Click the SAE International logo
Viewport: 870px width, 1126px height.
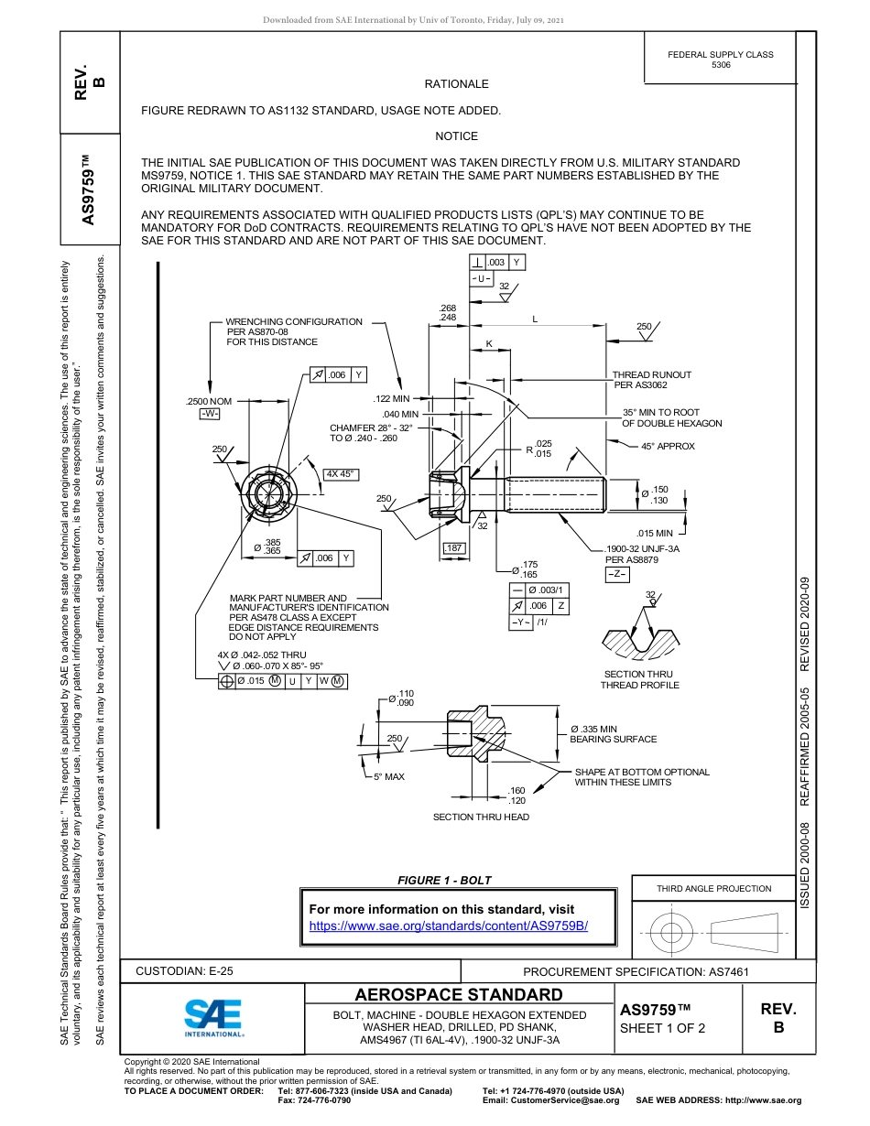pos(212,1016)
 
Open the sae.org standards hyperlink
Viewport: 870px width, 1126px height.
pos(448,926)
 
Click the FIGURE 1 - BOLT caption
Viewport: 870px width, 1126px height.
pos(444,881)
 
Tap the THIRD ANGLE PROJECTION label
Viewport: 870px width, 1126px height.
pos(713,888)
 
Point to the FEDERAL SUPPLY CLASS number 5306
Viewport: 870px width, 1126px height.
pos(721,65)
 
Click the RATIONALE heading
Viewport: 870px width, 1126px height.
pos(456,84)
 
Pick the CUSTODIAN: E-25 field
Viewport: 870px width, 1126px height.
pos(184,971)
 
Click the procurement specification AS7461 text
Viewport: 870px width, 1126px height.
pos(641,971)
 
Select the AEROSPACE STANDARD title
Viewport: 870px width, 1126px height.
pos(459,995)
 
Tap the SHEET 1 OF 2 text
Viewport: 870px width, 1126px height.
pos(663,1028)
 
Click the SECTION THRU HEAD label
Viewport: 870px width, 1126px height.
pos(481,817)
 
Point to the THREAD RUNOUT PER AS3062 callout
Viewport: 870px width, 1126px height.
pos(651,380)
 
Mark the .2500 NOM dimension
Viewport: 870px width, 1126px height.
pos(209,402)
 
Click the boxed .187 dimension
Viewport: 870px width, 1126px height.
pos(454,548)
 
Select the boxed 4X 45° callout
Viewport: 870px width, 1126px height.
pos(341,474)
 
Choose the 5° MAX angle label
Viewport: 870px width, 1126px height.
pos(388,776)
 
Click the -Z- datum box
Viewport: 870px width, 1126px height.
pos(616,574)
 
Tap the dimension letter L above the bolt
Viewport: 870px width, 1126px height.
pos(535,319)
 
